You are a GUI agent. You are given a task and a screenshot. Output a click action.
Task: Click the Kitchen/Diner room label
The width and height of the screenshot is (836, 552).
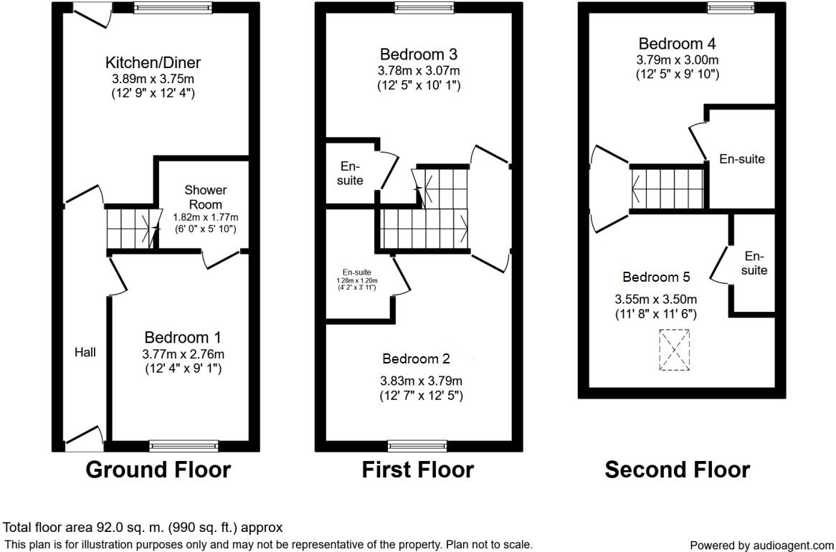[153, 62]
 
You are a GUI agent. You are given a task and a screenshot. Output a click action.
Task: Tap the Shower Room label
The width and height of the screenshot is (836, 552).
[206, 197]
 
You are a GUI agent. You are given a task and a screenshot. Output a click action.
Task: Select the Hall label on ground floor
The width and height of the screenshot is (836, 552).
[85, 352]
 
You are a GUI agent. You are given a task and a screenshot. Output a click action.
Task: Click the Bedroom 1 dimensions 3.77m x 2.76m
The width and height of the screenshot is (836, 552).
[183, 353]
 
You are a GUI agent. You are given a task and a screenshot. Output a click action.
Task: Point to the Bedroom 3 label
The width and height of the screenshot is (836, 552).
[419, 54]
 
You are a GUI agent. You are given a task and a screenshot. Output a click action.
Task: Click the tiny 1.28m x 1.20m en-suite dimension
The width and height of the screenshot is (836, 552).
[357, 280]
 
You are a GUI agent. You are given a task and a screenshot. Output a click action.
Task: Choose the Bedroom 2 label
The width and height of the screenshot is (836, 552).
[416, 358]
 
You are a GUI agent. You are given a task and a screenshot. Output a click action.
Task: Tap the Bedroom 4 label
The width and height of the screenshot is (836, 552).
[677, 43]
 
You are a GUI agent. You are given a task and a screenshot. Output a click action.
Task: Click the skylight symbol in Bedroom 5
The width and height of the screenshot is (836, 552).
[674, 350]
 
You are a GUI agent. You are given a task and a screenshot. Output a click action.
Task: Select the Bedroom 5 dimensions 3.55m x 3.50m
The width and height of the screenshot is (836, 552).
[656, 300]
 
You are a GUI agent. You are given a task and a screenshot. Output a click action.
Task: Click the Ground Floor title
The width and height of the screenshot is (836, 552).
[158, 470]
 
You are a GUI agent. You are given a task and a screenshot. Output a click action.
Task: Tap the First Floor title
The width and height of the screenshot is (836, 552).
[417, 470]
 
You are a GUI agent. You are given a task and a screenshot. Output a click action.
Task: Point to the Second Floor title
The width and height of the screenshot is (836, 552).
[677, 470]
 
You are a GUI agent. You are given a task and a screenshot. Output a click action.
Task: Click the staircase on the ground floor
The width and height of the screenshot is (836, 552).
[131, 227]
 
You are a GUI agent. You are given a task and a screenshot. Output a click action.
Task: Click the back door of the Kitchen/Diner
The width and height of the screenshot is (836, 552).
[91, 14]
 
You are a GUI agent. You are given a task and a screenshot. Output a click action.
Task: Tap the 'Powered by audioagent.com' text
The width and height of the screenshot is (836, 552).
[761, 546]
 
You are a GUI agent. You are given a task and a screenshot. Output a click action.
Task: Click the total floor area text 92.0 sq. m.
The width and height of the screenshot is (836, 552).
[143, 528]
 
